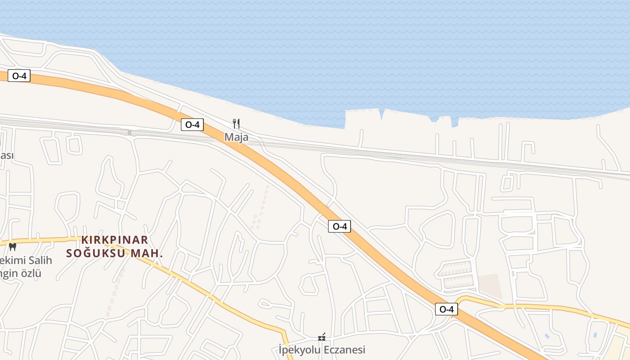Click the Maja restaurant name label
[x=236, y=137]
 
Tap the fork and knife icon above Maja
[x=236, y=123]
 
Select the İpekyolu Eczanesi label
[x=322, y=350]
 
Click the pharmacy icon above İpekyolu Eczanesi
[x=322, y=337]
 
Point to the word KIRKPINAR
[x=115, y=240]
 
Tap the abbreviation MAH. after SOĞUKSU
[x=147, y=253]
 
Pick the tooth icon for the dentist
[x=13, y=247]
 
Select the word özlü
[x=29, y=273]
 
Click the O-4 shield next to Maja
[x=192, y=125]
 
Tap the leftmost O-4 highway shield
[x=19, y=76]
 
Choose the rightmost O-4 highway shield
[x=446, y=309]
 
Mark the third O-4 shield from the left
[x=339, y=226]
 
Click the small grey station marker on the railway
[x=130, y=132]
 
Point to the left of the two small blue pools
[x=547, y=336]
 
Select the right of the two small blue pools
[x=595, y=335]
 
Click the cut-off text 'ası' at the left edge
[x=6, y=155]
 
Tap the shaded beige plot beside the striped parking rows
[x=490, y=286]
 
